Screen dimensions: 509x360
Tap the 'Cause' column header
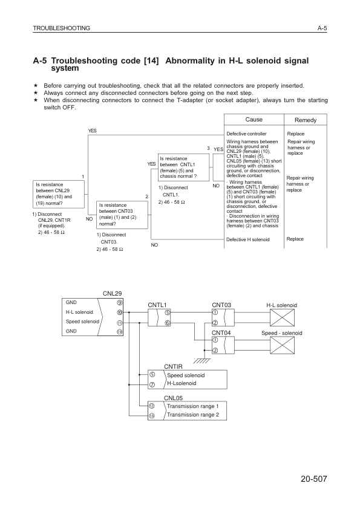pos(253,120)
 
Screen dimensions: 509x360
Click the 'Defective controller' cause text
pos(246,134)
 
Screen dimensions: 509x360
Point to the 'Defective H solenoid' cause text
pos(248,239)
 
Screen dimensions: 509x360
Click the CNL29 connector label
pos(113,293)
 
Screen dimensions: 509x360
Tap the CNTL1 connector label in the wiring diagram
pos(157,305)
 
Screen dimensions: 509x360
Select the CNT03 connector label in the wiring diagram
pos(222,305)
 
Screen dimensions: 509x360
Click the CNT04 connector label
pos(222,333)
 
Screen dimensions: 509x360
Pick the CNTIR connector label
pos(174,366)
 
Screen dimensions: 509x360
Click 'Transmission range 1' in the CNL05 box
pos(192,406)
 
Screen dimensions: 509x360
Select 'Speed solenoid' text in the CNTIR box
pos(186,375)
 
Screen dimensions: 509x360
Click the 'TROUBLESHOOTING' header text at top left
pos(62,28)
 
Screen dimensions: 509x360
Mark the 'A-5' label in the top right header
pos(321,28)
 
